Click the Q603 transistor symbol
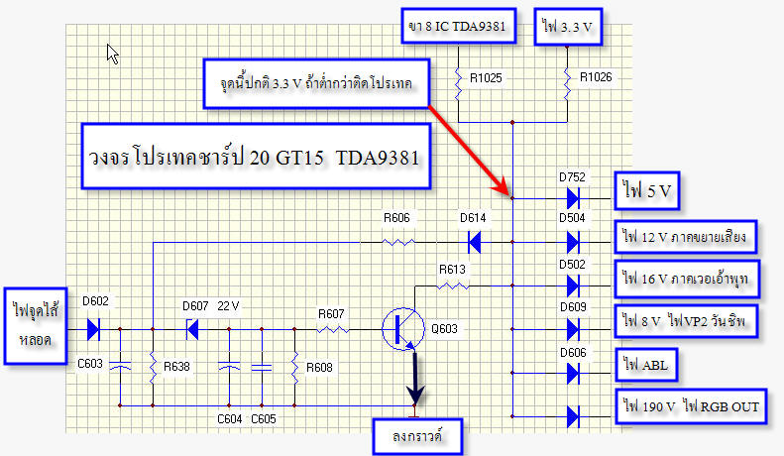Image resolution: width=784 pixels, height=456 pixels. click(x=403, y=329)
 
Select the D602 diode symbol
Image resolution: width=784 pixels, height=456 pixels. click(x=93, y=329)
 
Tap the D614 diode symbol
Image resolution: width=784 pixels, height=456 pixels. click(x=474, y=242)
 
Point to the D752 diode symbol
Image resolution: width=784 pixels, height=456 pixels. click(x=573, y=198)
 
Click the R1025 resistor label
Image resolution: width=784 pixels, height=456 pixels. click(x=486, y=78)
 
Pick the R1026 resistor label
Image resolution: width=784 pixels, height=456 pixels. click(x=596, y=77)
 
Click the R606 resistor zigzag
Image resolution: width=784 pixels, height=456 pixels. click(x=398, y=243)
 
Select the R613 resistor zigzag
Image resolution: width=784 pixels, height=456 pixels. click(x=453, y=286)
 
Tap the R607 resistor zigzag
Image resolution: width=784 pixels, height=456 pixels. click(x=332, y=329)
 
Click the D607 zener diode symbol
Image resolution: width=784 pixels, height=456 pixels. click(x=192, y=329)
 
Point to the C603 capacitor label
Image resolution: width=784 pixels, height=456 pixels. click(x=90, y=364)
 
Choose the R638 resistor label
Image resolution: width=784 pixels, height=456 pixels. click(x=176, y=367)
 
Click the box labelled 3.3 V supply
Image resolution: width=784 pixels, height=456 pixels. click(x=568, y=27)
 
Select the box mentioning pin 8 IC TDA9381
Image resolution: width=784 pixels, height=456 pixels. click(x=459, y=26)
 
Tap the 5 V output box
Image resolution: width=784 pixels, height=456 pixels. click(x=647, y=190)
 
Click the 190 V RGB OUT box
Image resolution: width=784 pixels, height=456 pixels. click(x=691, y=406)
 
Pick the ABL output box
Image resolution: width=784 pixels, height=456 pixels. click(x=646, y=365)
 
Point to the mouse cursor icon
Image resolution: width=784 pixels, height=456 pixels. click(x=113, y=54)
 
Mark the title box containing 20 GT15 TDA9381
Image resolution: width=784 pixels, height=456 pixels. click(x=256, y=156)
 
